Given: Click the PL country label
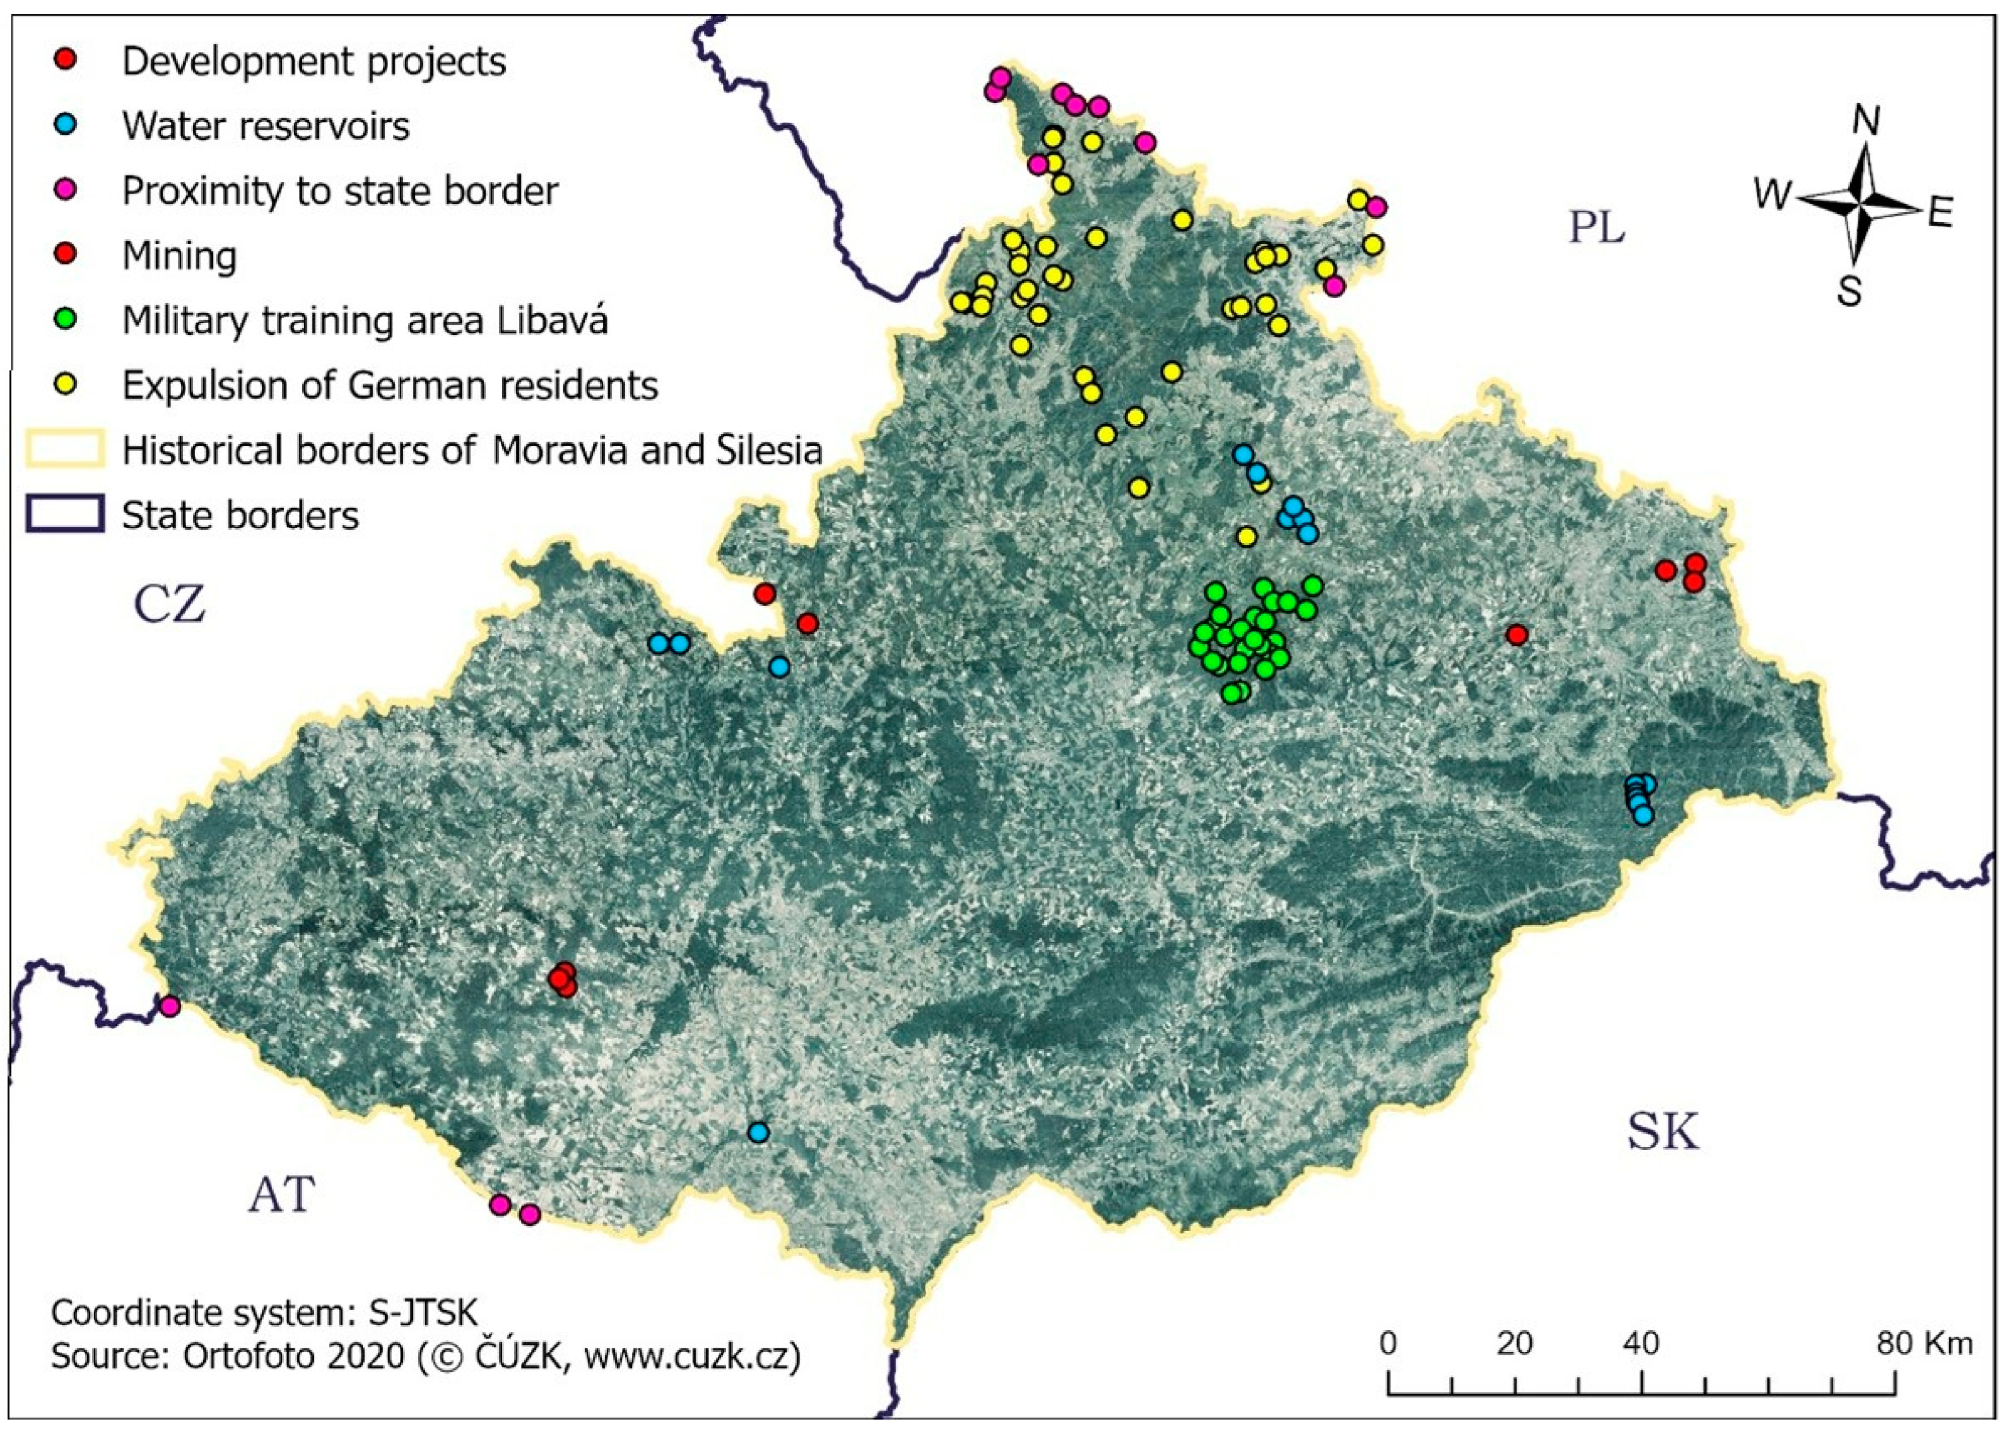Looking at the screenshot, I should [x=1596, y=228].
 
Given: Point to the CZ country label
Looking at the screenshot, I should [x=170, y=605].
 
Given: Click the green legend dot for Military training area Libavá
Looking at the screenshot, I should [x=66, y=319].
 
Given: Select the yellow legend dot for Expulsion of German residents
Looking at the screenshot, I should [x=66, y=384].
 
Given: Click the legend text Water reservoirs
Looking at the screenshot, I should [x=266, y=126].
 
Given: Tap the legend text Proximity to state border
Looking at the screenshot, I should [x=340, y=191].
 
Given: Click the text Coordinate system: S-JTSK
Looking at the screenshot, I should [x=264, y=1312].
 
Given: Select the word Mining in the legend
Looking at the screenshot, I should [x=179, y=255].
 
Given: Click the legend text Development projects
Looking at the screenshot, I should [x=314, y=62].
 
